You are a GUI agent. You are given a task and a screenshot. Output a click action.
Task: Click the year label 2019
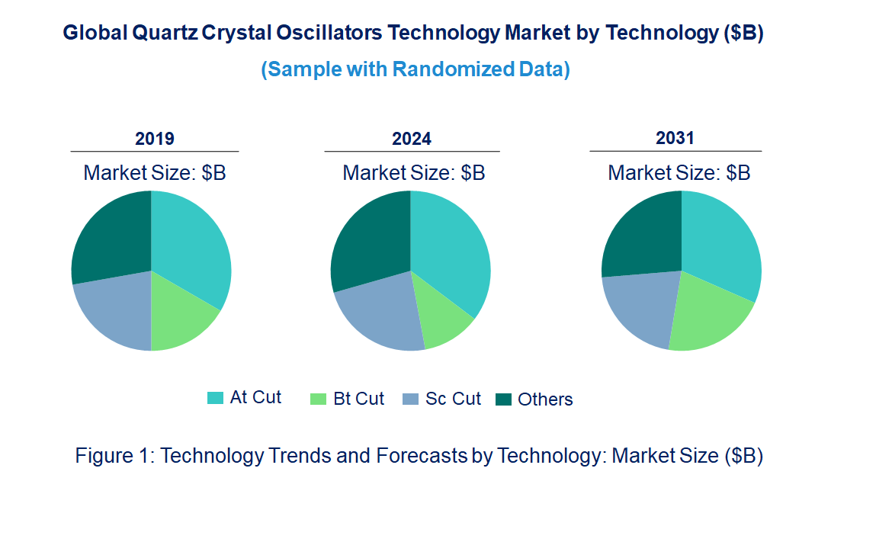coord(155,139)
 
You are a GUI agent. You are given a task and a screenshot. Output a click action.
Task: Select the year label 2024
coord(412,139)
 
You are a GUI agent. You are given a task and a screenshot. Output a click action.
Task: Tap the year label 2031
coord(675,138)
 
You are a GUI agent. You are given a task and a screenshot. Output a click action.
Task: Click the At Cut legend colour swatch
coord(216,398)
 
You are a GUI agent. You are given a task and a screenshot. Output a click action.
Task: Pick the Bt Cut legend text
coord(359,399)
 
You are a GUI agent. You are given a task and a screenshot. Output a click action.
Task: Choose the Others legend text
coord(545,399)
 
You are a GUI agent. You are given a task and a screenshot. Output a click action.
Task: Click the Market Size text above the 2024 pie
coord(414,173)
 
